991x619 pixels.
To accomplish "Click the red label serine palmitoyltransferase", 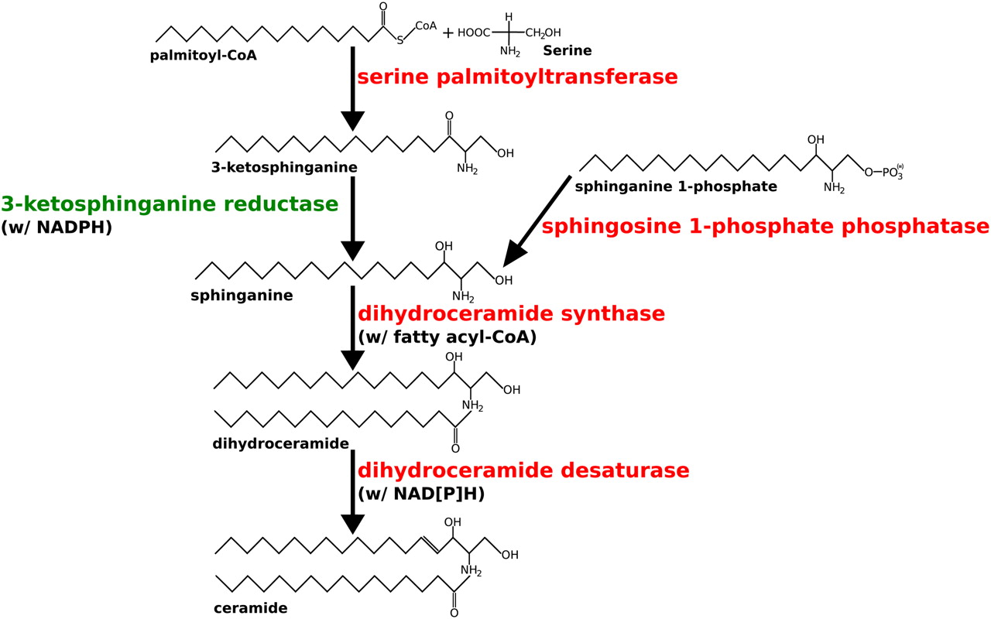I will (x=517, y=77).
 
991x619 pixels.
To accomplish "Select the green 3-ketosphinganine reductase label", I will (x=170, y=205).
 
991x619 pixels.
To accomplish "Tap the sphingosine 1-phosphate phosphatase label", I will (x=765, y=227).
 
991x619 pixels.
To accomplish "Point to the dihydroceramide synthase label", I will (x=511, y=314).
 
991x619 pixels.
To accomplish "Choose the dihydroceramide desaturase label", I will (x=523, y=470).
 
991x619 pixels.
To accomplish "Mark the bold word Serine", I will (x=568, y=51).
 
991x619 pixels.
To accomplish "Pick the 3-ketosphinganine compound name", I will (x=284, y=167).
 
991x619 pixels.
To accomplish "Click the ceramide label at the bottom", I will (x=250, y=608).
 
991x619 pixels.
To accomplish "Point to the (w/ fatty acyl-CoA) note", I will (x=447, y=337).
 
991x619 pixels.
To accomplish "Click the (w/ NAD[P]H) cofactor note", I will (x=421, y=494).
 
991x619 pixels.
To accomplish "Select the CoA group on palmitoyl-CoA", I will (x=426, y=26).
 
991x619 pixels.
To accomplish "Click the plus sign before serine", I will (x=447, y=32).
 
